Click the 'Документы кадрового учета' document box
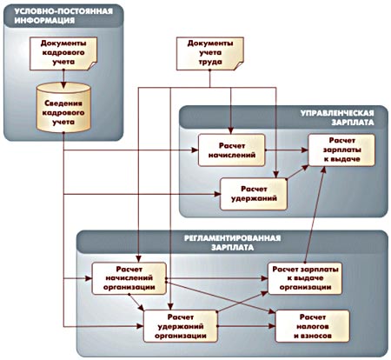point(63,53)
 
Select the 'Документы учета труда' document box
point(210,53)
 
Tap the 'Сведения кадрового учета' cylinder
point(63,108)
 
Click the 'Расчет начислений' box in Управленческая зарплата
point(232,150)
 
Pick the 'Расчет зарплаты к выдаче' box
point(341,150)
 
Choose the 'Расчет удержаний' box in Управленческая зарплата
point(254,194)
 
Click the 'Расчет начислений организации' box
point(129,278)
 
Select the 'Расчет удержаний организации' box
point(181,326)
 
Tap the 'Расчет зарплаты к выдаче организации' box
point(305,278)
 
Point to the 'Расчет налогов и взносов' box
point(313,326)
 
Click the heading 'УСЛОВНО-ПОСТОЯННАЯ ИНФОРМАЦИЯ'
point(63,16)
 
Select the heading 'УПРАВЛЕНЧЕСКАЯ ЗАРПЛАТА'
point(337,117)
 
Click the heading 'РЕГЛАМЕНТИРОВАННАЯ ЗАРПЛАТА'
point(232,243)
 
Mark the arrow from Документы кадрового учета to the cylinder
point(63,79)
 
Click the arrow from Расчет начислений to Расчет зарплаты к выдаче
point(287,150)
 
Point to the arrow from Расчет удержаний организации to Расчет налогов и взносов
point(246,326)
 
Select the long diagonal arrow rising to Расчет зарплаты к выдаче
point(315,214)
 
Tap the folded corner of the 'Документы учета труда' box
point(239,65)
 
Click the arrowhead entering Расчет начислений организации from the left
point(89,278)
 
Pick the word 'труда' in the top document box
point(210,62)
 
